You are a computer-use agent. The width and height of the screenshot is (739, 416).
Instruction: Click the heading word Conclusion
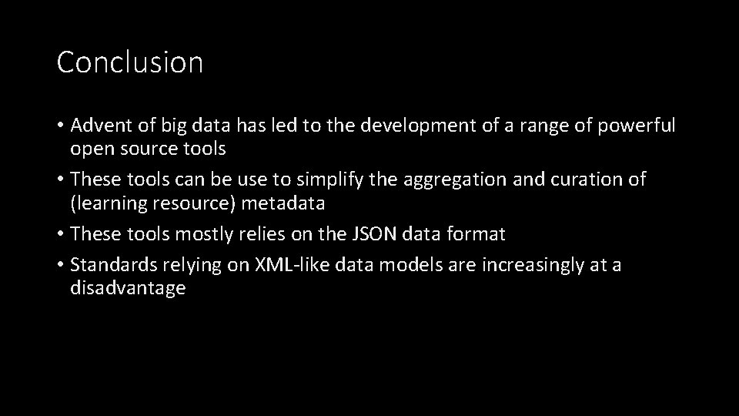point(129,62)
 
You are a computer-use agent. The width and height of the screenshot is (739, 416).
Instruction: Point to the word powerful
point(637,126)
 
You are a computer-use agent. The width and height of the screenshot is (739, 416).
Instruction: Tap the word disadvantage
point(128,289)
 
